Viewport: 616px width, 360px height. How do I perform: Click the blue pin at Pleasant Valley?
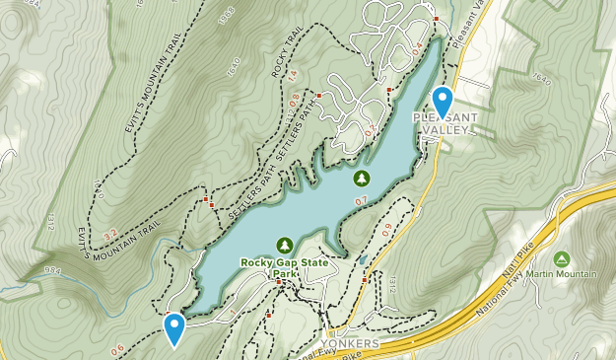pos(443,102)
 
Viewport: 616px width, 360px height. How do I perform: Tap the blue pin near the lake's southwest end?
pos(174,327)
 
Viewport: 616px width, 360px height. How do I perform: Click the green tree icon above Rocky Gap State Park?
pos(286,244)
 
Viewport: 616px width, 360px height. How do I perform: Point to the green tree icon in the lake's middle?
pos(361,178)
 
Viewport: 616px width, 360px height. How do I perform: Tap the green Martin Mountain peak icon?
pos(561,259)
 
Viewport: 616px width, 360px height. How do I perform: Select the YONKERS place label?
pos(350,343)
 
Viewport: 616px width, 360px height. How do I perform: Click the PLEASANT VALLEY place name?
pos(445,123)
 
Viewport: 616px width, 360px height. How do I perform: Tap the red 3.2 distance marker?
pos(110,235)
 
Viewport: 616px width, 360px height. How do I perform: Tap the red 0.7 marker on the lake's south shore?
pos(361,200)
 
